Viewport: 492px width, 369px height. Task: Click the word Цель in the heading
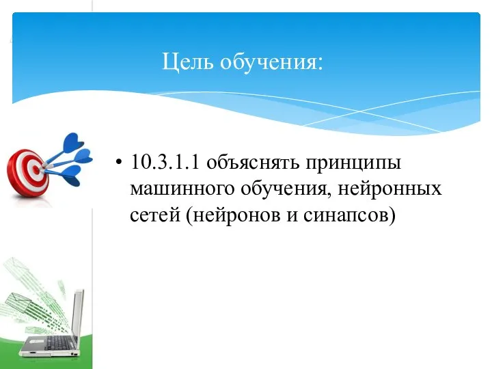(184, 63)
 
